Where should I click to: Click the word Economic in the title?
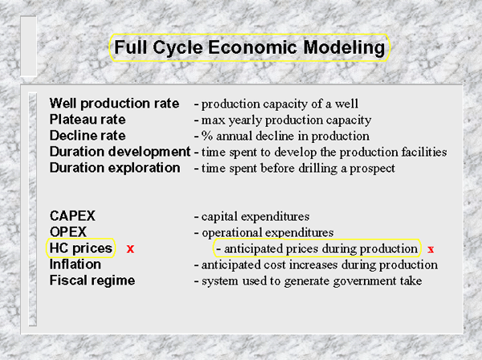point(252,47)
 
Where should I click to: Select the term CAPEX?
point(72,216)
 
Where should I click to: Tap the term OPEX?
point(68,231)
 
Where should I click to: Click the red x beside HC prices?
point(130,249)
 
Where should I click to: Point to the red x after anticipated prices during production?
point(431,249)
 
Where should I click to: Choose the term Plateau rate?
point(88,120)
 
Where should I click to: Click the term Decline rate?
point(88,136)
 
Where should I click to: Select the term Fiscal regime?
point(92,280)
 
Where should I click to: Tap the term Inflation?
point(76,264)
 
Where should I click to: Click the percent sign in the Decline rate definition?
point(207,136)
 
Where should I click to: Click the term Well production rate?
point(114,104)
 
